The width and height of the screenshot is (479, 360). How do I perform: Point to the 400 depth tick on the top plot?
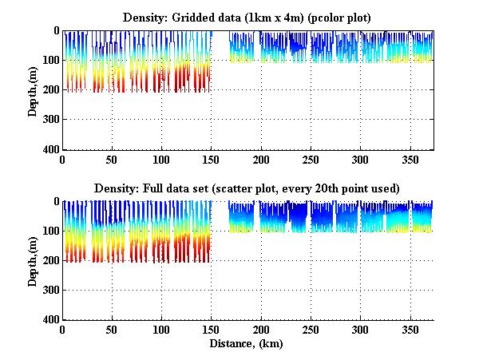click(50, 149)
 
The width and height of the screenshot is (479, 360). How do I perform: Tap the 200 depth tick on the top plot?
click(50, 89)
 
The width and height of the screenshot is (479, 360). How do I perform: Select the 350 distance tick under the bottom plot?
click(410, 330)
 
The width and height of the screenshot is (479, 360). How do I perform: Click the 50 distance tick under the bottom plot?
click(112, 330)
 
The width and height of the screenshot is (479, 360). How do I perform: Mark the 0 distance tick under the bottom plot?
click(62, 330)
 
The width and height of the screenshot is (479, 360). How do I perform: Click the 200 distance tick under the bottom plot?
click(261, 330)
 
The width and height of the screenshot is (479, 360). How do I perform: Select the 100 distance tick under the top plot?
click(162, 160)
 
